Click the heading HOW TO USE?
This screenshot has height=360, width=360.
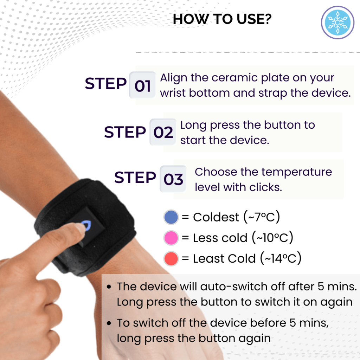222,20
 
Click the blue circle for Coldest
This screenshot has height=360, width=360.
171,217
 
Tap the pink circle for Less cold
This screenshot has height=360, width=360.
171,238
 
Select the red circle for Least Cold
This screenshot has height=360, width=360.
171,259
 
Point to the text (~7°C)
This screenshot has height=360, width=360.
262,217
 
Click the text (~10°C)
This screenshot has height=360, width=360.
272,238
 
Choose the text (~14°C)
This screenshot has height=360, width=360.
281,259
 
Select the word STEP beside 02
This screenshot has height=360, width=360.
125,132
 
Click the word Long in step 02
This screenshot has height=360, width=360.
191,125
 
